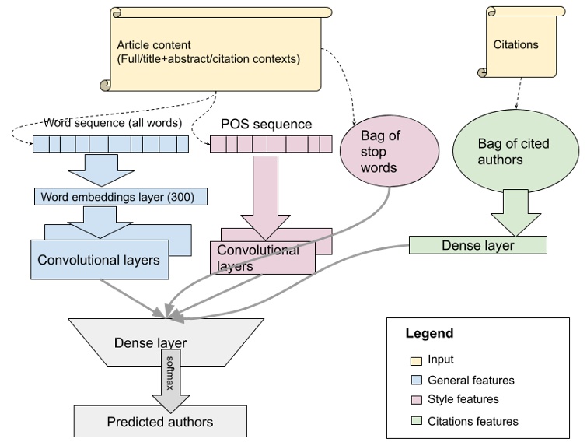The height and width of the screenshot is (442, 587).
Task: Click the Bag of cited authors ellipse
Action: [512, 152]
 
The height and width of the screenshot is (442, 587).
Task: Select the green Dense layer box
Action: [477, 245]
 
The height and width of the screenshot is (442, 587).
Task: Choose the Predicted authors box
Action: [160, 422]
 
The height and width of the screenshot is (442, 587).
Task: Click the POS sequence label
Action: [266, 125]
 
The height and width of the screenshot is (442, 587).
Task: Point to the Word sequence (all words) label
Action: [113, 123]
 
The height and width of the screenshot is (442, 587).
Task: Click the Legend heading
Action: [429, 334]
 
